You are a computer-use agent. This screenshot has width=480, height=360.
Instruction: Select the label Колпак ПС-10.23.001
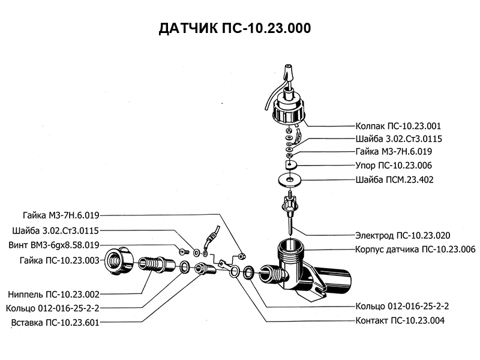point(398,127)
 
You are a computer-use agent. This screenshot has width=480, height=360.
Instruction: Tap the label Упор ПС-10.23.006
point(394,165)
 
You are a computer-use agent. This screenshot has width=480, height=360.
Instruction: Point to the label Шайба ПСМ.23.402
point(394,179)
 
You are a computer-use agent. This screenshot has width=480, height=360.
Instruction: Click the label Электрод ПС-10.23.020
point(403,235)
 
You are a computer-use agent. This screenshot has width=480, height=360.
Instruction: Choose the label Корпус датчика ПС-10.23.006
point(415,248)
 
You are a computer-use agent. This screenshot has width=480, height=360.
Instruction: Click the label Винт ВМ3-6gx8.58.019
point(54,245)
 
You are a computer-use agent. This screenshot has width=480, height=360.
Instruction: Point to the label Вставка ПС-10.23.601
point(55,323)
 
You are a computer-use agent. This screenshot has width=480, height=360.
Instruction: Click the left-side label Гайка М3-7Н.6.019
point(61,215)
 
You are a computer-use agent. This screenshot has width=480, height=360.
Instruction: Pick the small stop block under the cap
point(292,164)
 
